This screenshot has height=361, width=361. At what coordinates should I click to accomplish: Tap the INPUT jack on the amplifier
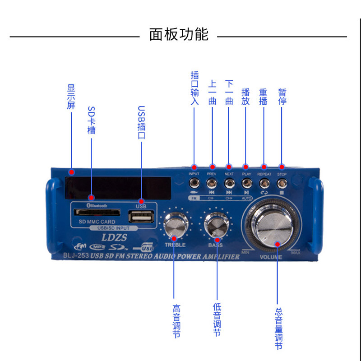tap(194, 183)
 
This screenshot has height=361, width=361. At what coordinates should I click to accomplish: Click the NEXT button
tap(229, 183)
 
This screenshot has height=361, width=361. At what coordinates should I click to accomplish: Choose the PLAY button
tap(246, 183)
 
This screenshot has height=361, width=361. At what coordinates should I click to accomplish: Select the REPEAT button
tap(264, 183)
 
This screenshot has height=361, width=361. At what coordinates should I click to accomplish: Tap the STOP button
tap(282, 183)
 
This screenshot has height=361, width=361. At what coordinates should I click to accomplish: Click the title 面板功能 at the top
tap(179, 34)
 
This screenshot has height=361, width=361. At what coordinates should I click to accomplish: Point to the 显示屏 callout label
tap(71, 97)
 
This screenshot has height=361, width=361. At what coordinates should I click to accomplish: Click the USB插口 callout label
tap(141, 122)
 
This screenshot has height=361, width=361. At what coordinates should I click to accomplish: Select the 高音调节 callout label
tap(176, 322)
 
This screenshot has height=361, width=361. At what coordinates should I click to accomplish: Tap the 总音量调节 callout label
tap(278, 329)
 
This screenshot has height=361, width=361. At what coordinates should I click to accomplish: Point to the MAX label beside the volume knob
tap(295, 253)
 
